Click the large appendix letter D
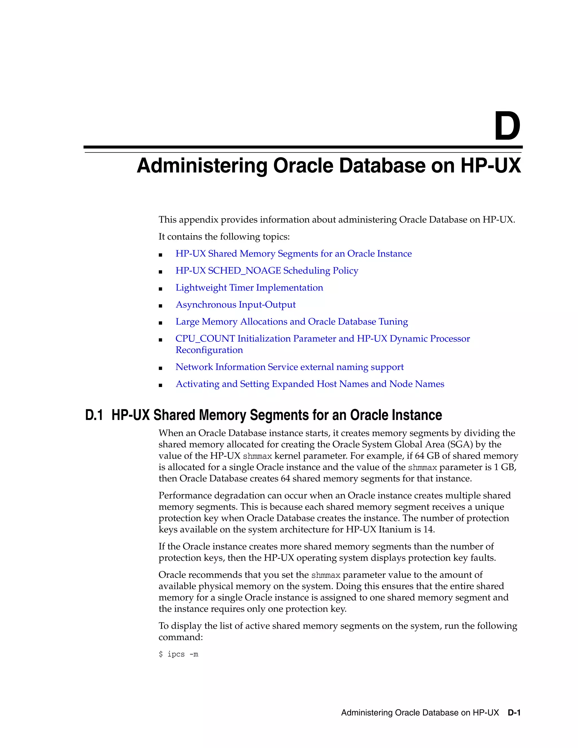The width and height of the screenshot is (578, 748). pyautogui.click(x=507, y=126)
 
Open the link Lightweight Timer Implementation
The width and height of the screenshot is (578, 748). pyautogui.click(x=249, y=288)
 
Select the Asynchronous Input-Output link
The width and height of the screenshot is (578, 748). pyautogui.click(x=235, y=305)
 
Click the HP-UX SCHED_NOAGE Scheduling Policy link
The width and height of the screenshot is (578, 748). pyautogui.click(x=267, y=271)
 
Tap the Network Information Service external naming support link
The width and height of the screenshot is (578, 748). pyautogui.click(x=289, y=367)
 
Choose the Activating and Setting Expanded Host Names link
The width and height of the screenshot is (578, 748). pyautogui.click(x=310, y=384)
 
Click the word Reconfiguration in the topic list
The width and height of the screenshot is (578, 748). pyautogui.click(x=209, y=350)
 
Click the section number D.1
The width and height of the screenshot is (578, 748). pyautogui.click(x=94, y=415)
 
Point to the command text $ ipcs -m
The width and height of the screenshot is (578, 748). pyautogui.click(x=178, y=654)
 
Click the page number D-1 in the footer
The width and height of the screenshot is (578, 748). pyautogui.click(x=514, y=713)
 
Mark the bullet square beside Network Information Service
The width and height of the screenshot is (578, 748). pyautogui.click(x=160, y=368)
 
